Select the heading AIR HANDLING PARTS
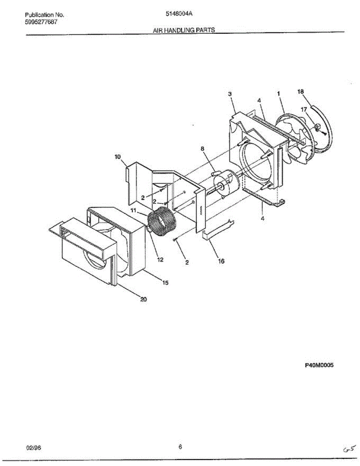[x=184, y=30]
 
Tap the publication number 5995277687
[x=41, y=22]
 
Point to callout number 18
[x=301, y=92]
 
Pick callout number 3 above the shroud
[x=230, y=94]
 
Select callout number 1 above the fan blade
[x=278, y=94]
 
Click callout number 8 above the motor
[x=202, y=148]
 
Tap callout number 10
[x=117, y=156]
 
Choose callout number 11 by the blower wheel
[x=133, y=210]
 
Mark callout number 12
[x=160, y=260]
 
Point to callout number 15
[x=165, y=283]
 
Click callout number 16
[x=221, y=261]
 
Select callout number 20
[x=143, y=299]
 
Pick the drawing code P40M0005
[x=319, y=365]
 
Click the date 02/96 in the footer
[x=33, y=448]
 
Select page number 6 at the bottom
[x=180, y=447]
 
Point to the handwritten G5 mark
[x=348, y=449]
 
